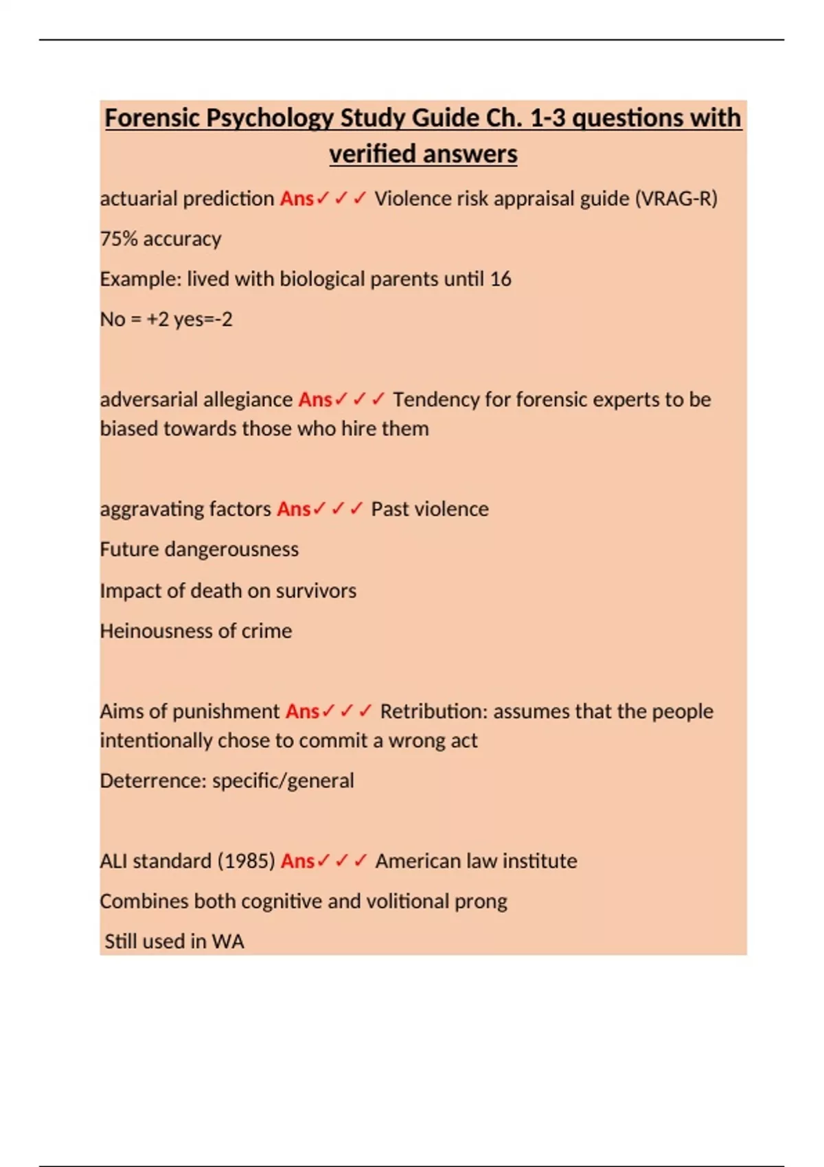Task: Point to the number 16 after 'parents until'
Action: [x=501, y=279]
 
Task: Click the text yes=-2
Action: [x=203, y=319]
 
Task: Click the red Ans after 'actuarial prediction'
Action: [x=297, y=198]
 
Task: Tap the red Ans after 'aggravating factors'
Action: [x=294, y=509]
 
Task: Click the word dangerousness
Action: [x=231, y=549]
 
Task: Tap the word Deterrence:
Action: [x=153, y=781]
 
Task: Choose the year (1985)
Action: [x=246, y=861]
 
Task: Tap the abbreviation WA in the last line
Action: [x=228, y=941]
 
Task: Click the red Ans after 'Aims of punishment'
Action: [x=303, y=711]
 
